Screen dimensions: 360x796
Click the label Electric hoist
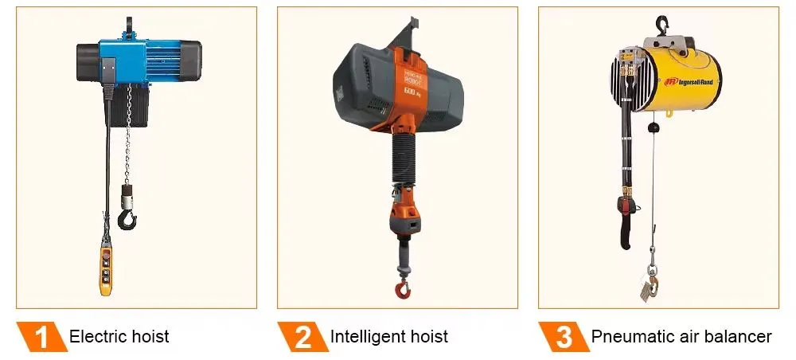(119, 337)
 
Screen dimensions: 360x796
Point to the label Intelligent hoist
(388, 337)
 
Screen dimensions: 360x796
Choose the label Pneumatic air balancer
(681, 337)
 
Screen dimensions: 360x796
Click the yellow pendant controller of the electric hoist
(105, 270)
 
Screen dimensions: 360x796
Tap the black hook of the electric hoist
(127, 216)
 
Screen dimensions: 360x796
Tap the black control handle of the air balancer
(626, 223)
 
